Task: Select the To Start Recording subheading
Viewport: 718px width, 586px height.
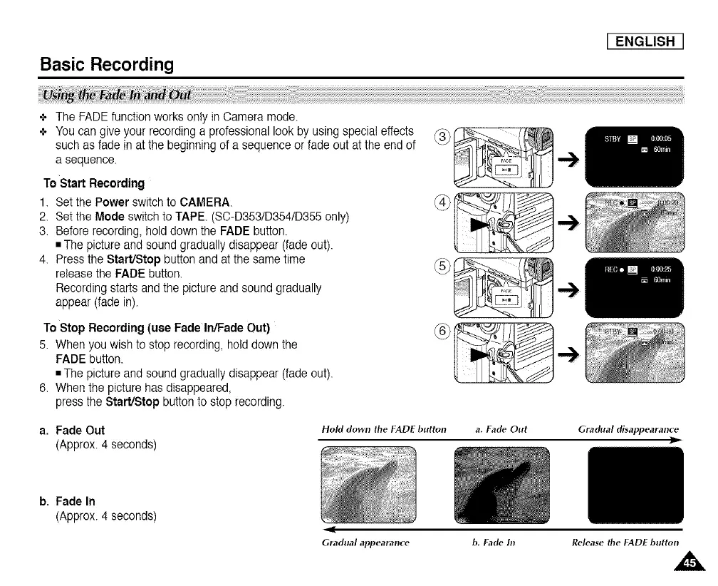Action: point(94,183)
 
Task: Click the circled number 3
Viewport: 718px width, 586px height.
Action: point(442,138)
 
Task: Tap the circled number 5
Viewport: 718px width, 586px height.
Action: point(442,269)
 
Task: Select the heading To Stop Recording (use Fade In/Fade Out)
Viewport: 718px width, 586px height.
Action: point(157,329)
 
